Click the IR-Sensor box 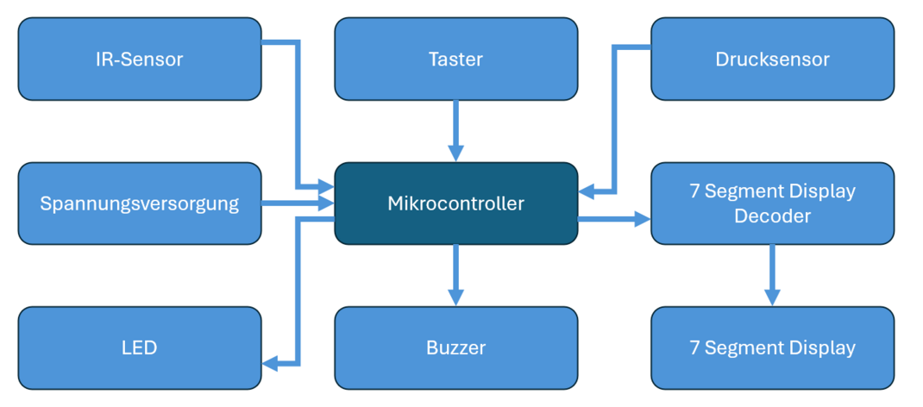tap(139, 59)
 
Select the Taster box tap(455, 59)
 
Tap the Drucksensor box tap(772, 59)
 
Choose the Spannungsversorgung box tap(139, 203)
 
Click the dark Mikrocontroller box tap(455, 203)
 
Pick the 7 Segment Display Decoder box tap(772, 203)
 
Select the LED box tap(139, 348)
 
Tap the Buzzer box tap(455, 348)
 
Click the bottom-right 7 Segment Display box tap(772, 348)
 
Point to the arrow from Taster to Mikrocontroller tap(455, 130)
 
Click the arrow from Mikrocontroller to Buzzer tap(455, 275)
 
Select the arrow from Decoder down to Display tap(772, 274)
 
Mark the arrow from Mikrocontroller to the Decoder tap(613, 220)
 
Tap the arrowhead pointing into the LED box tap(270, 363)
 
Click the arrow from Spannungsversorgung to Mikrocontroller tap(298, 203)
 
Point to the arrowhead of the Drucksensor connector tap(587, 191)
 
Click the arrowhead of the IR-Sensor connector tap(327, 186)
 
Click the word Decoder tap(772, 216)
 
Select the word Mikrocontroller tap(455, 203)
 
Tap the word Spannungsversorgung tap(139, 203)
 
